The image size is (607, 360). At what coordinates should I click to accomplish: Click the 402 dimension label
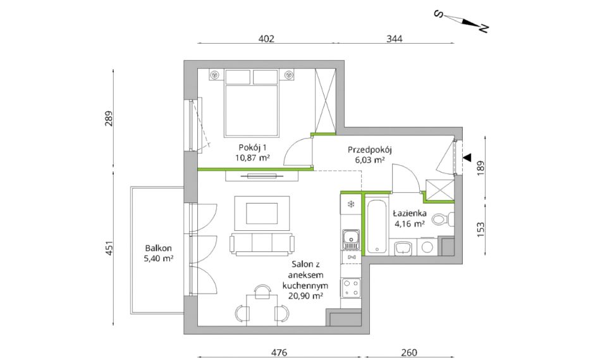coord(266,39)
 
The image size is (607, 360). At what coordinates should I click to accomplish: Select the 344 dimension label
coord(395,39)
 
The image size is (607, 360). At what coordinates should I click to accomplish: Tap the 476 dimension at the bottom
coord(279,352)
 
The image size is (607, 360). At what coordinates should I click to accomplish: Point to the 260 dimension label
coord(409,352)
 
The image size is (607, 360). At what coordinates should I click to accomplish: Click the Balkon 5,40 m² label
coord(158,253)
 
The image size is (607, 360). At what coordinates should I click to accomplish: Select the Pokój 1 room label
coord(252,147)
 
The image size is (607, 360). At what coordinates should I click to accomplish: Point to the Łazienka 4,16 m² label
coord(410,218)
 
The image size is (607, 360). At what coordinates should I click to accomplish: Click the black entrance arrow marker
coord(467,157)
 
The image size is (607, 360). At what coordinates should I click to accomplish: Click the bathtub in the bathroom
coord(376,226)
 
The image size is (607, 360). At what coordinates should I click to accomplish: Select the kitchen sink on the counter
coord(351,239)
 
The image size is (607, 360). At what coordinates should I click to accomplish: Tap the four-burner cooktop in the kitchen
coord(351,288)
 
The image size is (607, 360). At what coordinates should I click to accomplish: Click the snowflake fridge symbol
coord(351,204)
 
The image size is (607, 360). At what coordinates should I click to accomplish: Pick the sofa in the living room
coord(262,244)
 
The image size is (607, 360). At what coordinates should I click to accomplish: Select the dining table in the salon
coord(262,309)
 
